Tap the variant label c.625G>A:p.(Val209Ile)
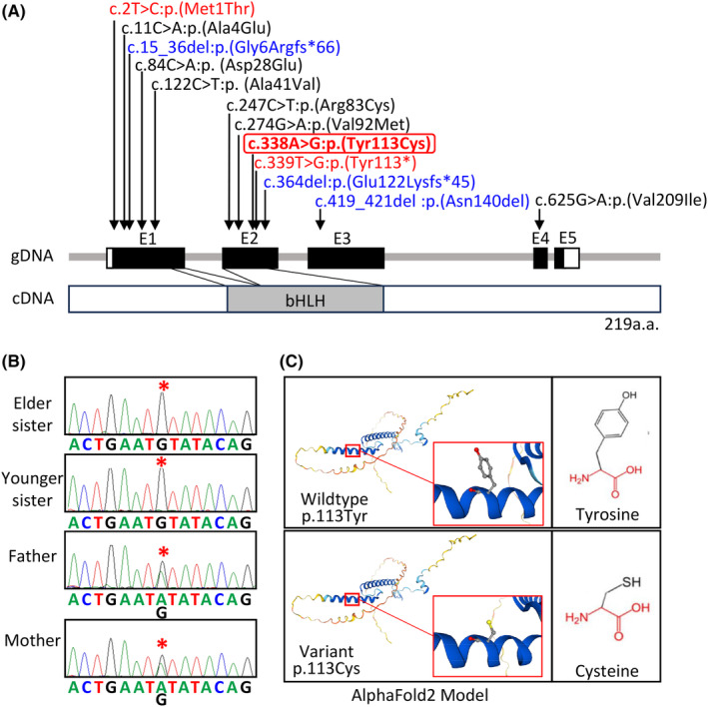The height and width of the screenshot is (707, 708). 620,201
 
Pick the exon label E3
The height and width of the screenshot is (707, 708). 343,238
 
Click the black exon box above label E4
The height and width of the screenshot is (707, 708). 539,257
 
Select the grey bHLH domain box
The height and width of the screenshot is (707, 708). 306,299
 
